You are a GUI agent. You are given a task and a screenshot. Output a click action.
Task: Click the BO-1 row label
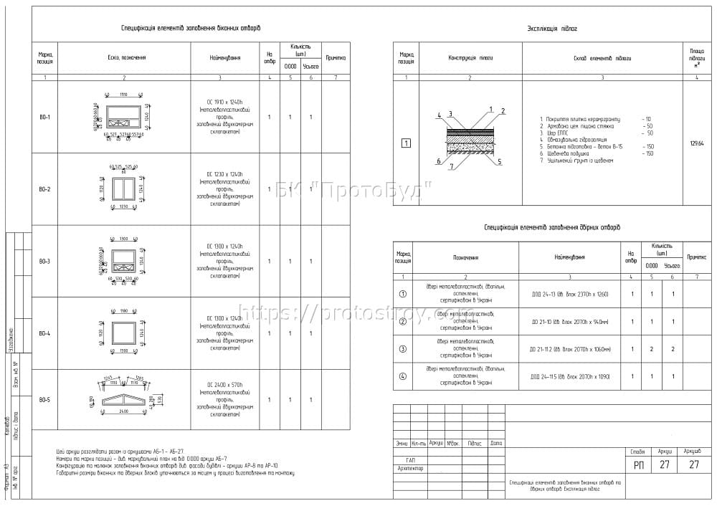[x=44, y=117]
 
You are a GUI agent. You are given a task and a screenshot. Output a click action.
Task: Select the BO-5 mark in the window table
[x=44, y=399]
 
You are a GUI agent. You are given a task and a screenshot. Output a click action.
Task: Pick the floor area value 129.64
[x=696, y=143]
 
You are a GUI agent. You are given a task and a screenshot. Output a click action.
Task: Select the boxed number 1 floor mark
[x=406, y=143]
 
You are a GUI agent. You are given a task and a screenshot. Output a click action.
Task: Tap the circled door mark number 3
[x=402, y=349]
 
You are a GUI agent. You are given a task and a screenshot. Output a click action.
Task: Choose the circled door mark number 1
[x=402, y=294]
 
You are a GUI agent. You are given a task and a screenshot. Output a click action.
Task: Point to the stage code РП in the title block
[x=638, y=464]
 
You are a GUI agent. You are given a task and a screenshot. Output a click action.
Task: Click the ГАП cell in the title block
[x=410, y=460]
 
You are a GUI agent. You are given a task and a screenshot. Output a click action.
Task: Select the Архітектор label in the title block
[x=410, y=469]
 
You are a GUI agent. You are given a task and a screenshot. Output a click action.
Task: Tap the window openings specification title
[x=191, y=29]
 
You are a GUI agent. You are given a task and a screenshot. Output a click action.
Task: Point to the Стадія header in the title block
[x=638, y=452]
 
